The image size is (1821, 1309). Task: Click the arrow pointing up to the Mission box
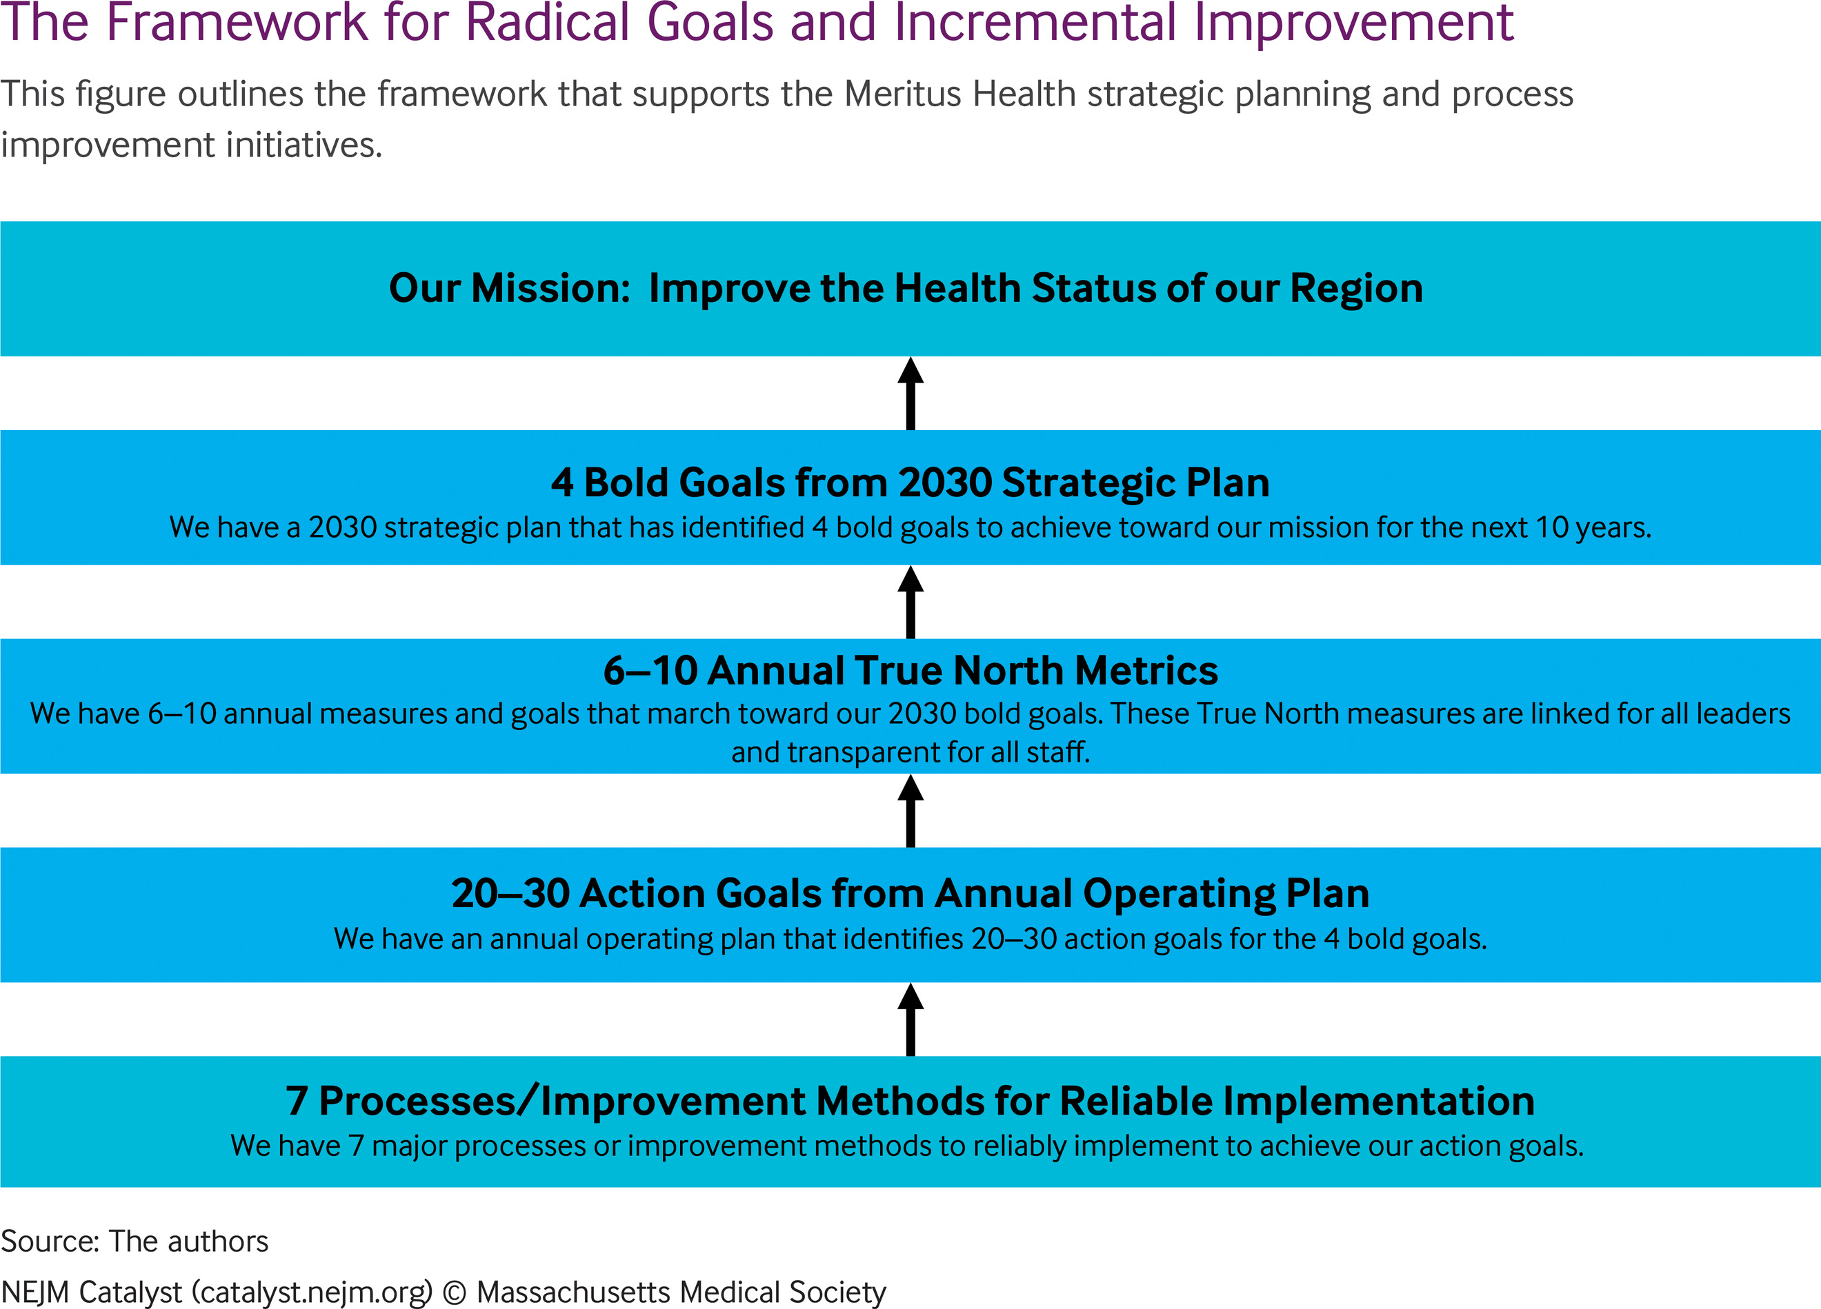coord(910,394)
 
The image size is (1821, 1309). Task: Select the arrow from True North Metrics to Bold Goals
coord(910,602)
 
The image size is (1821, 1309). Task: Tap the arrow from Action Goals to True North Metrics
coord(910,811)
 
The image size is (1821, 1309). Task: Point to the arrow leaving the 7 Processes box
coord(910,1019)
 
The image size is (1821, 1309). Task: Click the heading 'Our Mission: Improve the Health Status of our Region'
coord(906,288)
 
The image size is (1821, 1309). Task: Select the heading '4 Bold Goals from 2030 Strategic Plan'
coord(910,483)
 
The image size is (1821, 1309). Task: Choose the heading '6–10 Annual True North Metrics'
coord(910,670)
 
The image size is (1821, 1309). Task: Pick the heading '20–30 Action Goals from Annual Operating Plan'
coord(910,893)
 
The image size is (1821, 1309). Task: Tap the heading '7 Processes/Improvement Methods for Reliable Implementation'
coord(910,1100)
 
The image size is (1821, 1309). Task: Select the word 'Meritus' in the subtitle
coord(902,94)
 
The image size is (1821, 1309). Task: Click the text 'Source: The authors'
coord(134,1241)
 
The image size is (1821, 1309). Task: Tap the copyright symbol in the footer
coord(455,1292)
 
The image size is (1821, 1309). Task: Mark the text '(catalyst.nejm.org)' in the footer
coord(312,1293)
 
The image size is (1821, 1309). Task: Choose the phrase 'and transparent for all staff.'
coord(910,752)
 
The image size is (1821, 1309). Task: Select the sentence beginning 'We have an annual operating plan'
coord(910,939)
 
